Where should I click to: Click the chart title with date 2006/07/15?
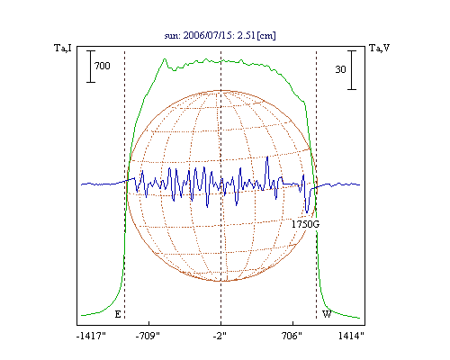(220, 35)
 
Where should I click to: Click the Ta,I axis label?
(63, 48)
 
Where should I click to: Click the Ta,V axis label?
(379, 48)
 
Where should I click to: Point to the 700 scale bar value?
(103, 66)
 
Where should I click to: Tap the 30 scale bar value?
(340, 69)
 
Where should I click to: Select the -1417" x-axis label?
(91, 336)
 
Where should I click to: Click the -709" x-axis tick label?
(148, 336)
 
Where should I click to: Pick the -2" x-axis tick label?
(220, 336)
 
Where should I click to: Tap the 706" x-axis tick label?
(292, 336)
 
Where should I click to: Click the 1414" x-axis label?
(351, 336)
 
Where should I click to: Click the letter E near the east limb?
(118, 314)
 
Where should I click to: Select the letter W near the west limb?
(327, 314)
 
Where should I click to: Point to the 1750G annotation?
(305, 224)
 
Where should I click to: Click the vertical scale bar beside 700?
(91, 67)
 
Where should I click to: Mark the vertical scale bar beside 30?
(352, 70)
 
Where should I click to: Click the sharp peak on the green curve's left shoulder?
(165, 59)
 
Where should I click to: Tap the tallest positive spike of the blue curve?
(267, 157)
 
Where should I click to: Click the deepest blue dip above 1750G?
(307, 211)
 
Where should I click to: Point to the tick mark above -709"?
(149, 323)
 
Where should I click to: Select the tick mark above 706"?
(292, 323)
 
